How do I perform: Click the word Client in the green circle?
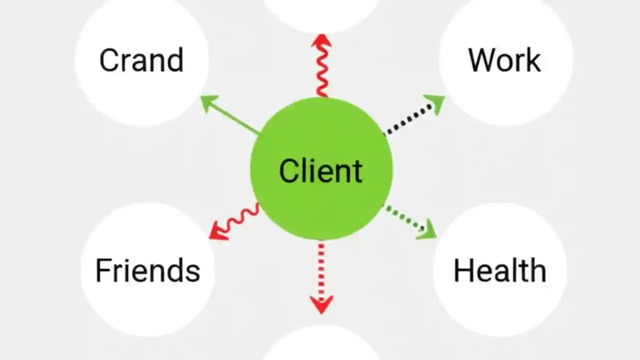click(x=320, y=170)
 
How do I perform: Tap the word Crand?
click(x=141, y=60)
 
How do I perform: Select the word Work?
click(x=504, y=60)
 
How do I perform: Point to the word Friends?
click(x=147, y=270)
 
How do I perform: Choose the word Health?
click(x=499, y=270)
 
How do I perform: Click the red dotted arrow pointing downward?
click(x=321, y=272)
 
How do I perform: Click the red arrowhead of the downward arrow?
click(x=321, y=304)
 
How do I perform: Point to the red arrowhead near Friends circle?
click(x=218, y=231)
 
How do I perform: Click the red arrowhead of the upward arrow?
click(x=321, y=41)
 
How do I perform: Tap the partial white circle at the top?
click(x=321, y=12)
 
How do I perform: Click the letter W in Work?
click(x=481, y=60)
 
